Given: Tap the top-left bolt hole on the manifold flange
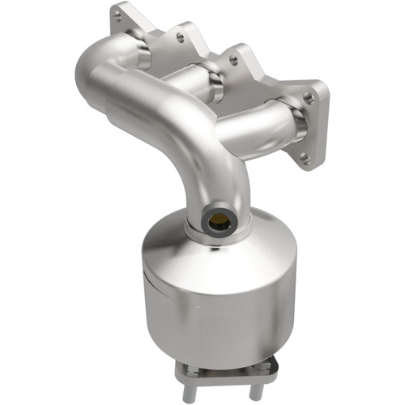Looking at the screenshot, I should point(118,15).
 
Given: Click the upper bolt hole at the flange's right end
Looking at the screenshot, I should point(309,98).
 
